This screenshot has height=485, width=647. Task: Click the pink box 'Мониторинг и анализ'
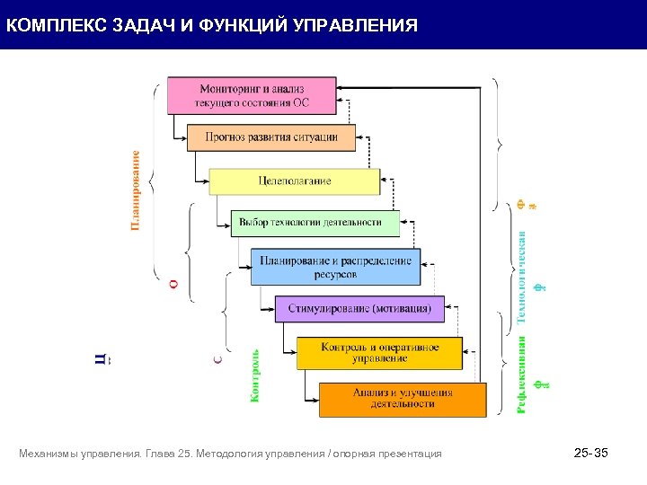pos(252,95)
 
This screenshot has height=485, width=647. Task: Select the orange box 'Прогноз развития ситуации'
pos(271,137)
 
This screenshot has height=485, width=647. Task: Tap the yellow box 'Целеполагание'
pos(294,181)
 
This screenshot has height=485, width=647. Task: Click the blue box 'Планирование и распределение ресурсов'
pos(335,267)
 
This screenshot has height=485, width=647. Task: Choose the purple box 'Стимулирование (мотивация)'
pos(359,309)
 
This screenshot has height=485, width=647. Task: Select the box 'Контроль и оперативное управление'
pos(379,352)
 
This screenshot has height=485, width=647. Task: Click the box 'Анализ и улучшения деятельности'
pos(402,399)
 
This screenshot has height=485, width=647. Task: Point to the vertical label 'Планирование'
pos(137,190)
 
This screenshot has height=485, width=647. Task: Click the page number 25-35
pos(590,454)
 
